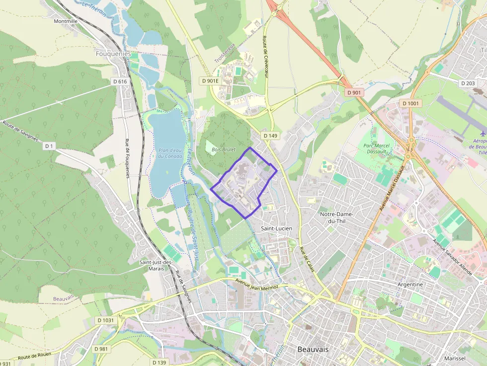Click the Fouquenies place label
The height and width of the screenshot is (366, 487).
click(114, 54)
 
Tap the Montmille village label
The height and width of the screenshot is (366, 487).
click(66, 21)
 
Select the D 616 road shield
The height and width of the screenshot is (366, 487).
click(120, 81)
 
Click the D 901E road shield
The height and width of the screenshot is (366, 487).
click(210, 80)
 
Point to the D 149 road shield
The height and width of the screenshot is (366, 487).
click(270, 136)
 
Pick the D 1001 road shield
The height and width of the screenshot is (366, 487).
click(411, 103)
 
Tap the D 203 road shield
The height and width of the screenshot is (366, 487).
click(468, 83)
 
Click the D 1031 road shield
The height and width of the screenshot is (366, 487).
click(105, 320)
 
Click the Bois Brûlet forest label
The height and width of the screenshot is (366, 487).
click(223, 149)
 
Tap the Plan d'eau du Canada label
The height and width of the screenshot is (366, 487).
click(171, 153)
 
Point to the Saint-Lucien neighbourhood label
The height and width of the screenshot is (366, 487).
click(276, 228)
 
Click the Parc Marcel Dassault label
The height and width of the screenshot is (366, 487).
click(376, 149)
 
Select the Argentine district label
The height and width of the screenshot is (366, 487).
click(410, 285)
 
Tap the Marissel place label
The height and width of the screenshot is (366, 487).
click(455, 358)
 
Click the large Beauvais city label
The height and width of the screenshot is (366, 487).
click(313, 349)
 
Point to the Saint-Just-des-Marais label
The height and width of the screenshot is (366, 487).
click(156, 265)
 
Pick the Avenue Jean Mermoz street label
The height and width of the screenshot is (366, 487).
click(261, 285)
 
